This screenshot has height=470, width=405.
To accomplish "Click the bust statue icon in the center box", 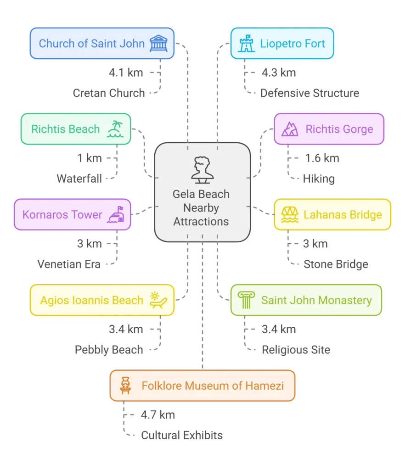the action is click(202, 170).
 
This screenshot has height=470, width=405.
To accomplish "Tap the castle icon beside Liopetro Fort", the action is click(247, 44).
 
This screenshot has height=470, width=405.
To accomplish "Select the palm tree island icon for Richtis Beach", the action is click(115, 129).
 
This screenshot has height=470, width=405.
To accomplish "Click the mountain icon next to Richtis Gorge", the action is click(290, 129).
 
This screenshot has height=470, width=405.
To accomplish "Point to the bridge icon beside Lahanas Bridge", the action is click(290, 215).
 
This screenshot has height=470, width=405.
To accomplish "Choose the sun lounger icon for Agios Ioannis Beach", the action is click(158, 300).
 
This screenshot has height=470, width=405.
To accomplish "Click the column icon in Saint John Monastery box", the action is click(246, 300).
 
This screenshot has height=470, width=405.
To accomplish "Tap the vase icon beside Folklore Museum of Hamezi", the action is click(125, 386).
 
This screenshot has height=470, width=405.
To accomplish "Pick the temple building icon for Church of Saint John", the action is click(158, 44).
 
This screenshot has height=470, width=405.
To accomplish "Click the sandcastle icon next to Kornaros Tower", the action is click(116, 215).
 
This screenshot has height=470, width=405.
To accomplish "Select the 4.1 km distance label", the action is click(126, 73).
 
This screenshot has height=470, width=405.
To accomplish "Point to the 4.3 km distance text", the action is click(279, 73).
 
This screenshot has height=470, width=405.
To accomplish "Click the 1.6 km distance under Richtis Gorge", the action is click(322, 158).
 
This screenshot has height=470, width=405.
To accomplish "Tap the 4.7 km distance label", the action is click(158, 414).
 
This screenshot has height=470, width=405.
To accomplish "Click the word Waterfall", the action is click(79, 179).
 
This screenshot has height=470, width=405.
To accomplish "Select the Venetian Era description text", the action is click(69, 264).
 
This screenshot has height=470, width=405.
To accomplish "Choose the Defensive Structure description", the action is click(309, 93).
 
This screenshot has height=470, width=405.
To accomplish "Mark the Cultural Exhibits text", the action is click(182, 435).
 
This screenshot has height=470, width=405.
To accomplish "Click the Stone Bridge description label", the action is click(336, 264).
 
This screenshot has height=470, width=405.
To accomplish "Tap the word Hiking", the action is click(319, 179).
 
